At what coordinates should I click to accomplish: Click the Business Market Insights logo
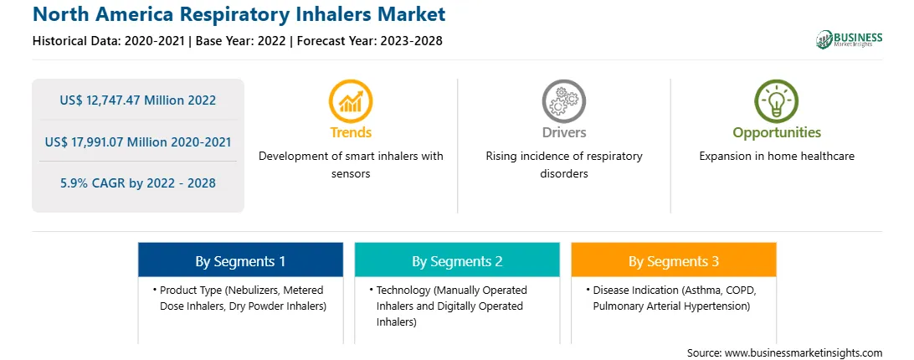tap(850, 39)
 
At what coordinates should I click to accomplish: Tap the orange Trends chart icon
tap(351, 101)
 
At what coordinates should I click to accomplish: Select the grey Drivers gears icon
tap(563, 101)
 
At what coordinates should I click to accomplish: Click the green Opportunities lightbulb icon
tap(777, 101)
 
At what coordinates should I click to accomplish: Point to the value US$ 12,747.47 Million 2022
tap(137, 100)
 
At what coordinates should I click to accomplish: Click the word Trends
tap(351, 132)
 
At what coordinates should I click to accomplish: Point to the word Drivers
tap(563, 132)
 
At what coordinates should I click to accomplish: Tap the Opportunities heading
tap(777, 132)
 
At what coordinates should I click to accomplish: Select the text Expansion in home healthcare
tap(777, 156)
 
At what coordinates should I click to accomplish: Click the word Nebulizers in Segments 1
tap(247, 290)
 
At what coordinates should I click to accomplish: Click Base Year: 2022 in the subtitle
tap(241, 41)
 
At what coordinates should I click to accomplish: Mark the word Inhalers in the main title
tap(331, 13)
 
